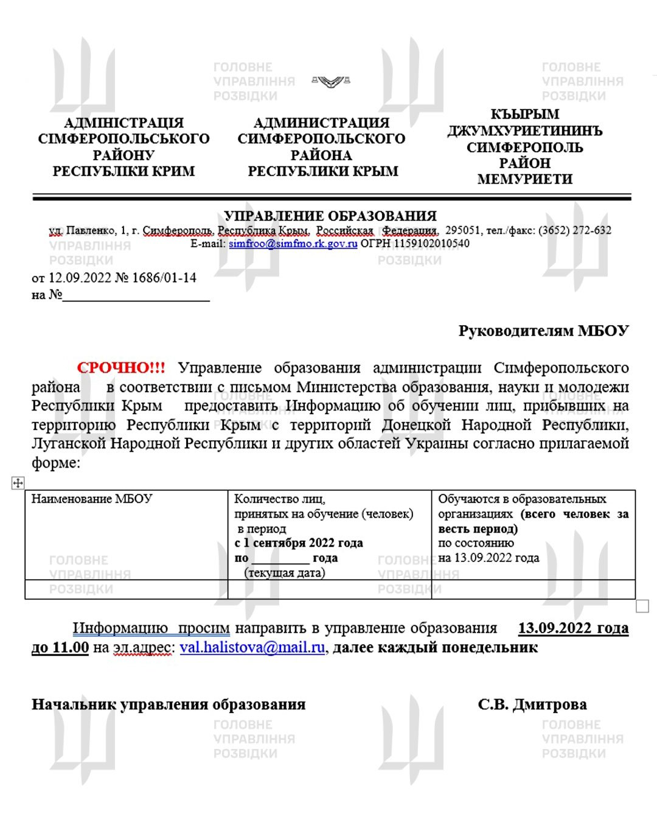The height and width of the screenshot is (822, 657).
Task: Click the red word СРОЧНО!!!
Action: (120, 368)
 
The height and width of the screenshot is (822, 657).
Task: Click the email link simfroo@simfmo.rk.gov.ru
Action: (293, 244)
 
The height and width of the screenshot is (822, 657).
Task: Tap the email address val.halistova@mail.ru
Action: (252, 647)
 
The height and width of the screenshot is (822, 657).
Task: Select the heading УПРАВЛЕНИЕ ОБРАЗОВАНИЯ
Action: (330, 216)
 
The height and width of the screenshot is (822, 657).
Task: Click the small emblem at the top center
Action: (330, 81)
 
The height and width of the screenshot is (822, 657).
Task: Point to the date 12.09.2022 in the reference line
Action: (80, 278)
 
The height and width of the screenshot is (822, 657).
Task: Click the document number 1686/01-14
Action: (164, 278)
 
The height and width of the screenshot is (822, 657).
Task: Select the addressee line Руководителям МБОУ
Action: (543, 331)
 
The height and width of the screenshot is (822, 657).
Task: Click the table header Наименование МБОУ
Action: (92, 499)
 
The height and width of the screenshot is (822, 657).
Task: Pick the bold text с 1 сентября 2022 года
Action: (299, 543)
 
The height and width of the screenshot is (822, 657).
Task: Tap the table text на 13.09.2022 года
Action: (488, 557)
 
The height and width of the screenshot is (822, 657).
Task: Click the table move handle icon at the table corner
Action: (18, 483)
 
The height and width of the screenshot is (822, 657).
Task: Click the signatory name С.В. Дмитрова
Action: (532, 704)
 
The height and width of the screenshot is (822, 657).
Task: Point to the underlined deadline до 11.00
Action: (60, 647)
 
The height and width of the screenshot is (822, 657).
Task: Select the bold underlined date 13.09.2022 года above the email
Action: (573, 628)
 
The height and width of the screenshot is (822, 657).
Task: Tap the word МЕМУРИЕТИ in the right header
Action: (524, 179)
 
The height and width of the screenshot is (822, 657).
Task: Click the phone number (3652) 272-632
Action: (575, 230)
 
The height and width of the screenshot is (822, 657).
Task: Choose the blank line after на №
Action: (136, 296)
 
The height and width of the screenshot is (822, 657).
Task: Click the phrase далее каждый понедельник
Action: (435, 647)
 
